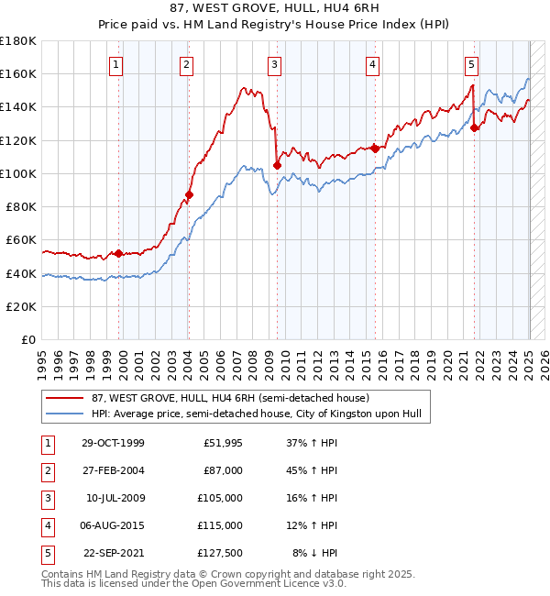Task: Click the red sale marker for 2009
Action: pos(277,166)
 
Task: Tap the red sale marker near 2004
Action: pos(189,194)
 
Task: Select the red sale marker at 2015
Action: pos(375,148)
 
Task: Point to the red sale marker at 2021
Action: pos(475,128)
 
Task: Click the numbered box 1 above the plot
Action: pos(117,64)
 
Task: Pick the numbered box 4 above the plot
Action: pos(373,64)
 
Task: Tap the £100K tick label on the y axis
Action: pos(18,173)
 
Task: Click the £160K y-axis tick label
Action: pos(18,73)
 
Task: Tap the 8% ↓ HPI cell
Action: pos(314,553)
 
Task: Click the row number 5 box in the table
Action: pos(46,553)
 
